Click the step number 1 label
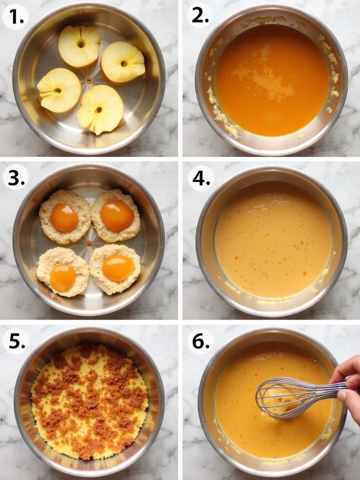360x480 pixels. tap(15, 16)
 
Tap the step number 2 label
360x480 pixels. tap(200, 15)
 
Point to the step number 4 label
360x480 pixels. tap(201, 178)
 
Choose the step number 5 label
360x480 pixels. tap(16, 341)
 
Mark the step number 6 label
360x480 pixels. tap(201, 341)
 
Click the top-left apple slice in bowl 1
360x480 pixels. tap(80, 46)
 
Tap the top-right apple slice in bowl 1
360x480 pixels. tap(123, 62)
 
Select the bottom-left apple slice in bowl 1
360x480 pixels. tap(59, 90)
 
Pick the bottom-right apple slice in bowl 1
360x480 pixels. tap(100, 109)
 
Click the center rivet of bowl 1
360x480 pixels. tap(89, 81)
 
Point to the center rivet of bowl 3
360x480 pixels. tap(90, 244)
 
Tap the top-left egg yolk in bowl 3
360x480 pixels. tap(64, 218)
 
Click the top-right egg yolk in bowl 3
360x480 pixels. tap(117, 215)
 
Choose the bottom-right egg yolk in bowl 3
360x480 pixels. tap(118, 268)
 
